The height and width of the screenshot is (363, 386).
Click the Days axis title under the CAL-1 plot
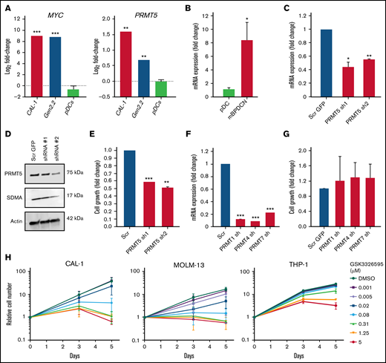[70, 358]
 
